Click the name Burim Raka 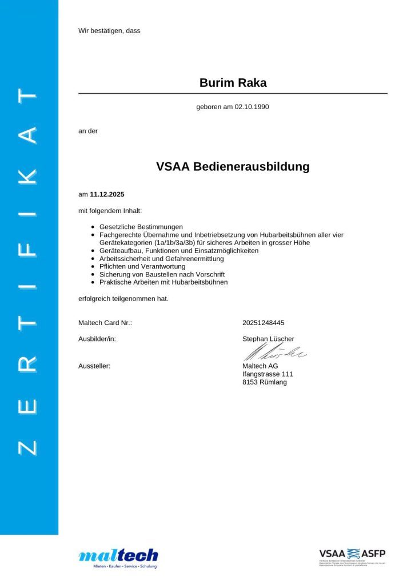pos(233,83)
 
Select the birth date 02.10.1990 pos(252,107)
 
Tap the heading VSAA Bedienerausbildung pos(233,167)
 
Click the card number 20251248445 pos(264,323)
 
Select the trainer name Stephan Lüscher pos(268,339)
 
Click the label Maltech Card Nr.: pos(105,323)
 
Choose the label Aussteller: pos(94,366)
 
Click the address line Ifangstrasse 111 pos(268,374)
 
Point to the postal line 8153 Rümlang pos(265,382)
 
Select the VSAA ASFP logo pos(352,555)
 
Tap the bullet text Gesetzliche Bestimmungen pos(141,227)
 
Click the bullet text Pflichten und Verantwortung pos(142,266)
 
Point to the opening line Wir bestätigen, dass pos(109,30)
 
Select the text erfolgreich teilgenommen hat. pos(123,298)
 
